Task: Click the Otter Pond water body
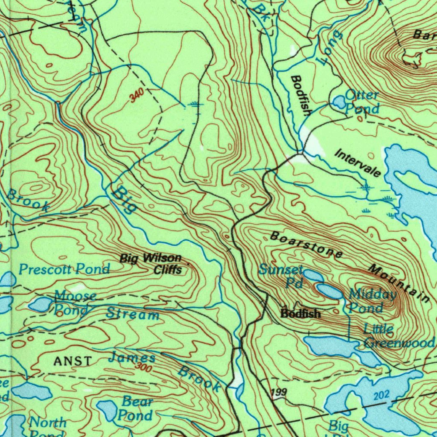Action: [x=339, y=102]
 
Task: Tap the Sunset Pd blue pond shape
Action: [x=313, y=275]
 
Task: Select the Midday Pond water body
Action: [x=330, y=292]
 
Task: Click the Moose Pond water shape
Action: [x=41, y=304]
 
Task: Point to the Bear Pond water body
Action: [x=106, y=410]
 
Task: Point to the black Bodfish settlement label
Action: [x=300, y=314]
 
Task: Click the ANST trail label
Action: [x=73, y=361]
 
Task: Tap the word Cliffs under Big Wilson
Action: [x=168, y=270]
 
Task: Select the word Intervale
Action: [x=358, y=163]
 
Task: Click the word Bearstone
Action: [x=306, y=245]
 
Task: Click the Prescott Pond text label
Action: [x=64, y=269]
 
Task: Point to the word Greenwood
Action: [x=399, y=342]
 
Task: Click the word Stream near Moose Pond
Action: [x=133, y=315]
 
